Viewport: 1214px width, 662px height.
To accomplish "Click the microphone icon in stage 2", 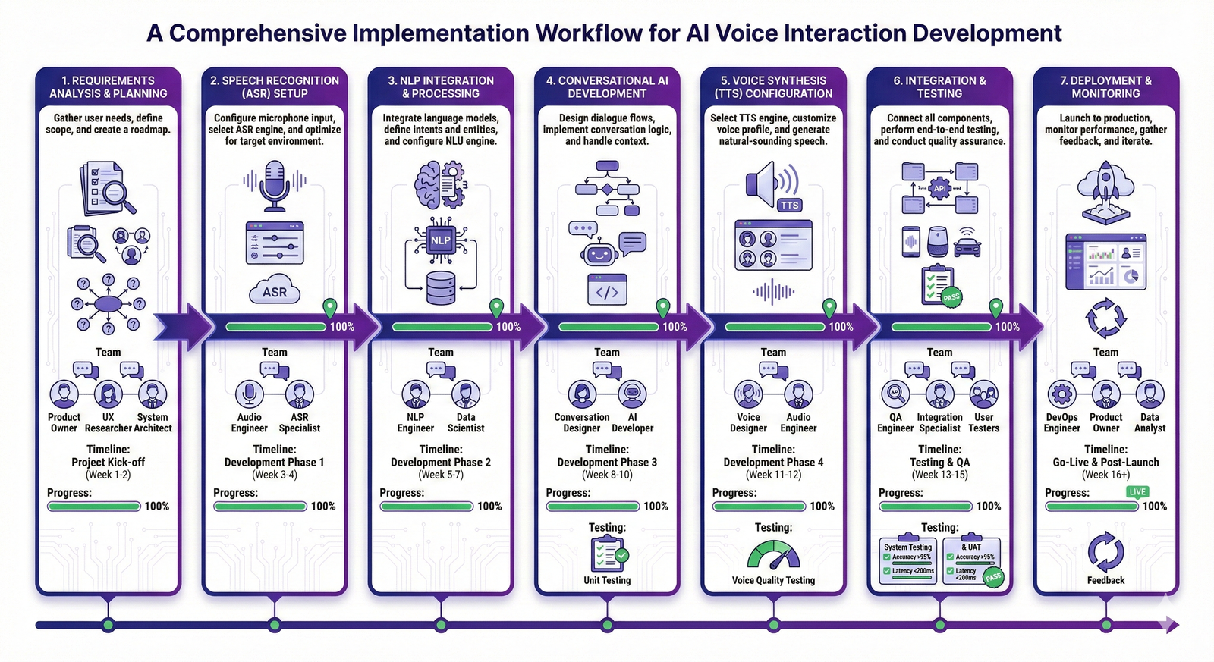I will pos(274,184).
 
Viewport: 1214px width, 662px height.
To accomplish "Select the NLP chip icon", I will pos(440,240).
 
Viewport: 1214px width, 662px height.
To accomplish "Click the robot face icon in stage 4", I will pos(599,253).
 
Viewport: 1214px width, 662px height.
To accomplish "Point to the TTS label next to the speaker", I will pos(789,206).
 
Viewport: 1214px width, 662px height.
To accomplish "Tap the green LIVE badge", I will pos(1137,491).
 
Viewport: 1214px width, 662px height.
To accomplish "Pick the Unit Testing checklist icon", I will pos(608,554).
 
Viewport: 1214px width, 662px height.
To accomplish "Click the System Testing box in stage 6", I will pos(908,561).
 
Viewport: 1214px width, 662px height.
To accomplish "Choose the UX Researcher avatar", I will pos(109,394).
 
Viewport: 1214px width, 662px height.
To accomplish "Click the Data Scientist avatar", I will pos(465,394).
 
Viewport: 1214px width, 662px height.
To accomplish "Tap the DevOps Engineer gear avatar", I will pos(1061,394).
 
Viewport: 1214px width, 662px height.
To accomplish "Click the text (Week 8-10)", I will pos(607,475).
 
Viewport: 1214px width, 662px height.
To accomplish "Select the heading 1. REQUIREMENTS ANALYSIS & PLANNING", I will pos(108,86).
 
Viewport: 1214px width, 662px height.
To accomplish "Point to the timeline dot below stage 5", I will pos(773,625).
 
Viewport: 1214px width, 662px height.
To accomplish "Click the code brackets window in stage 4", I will pos(607,290).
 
